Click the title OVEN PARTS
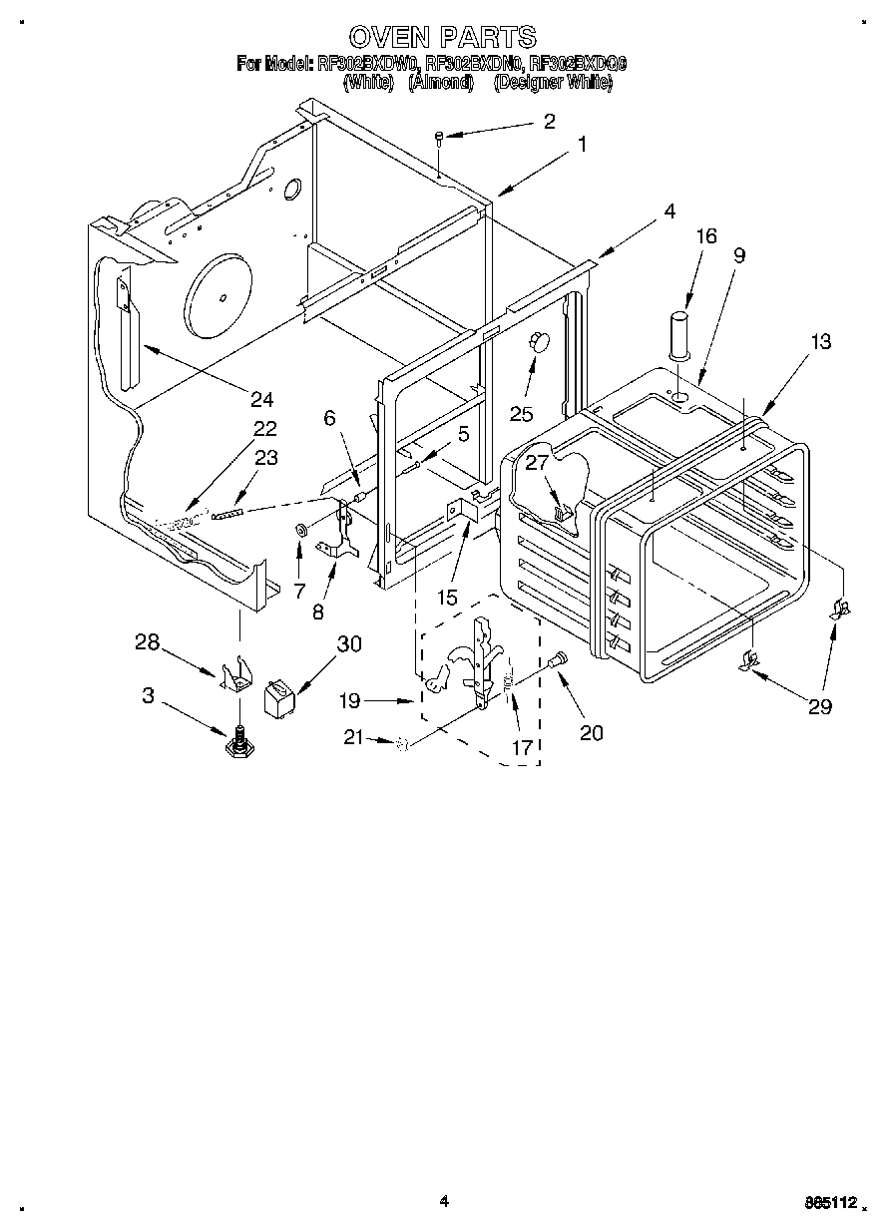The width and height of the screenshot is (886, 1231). [443, 38]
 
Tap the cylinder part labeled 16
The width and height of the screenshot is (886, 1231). [678, 335]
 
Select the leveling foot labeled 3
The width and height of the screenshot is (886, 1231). [238, 742]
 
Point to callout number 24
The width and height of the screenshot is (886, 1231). [261, 399]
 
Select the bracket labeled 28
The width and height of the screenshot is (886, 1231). [236, 677]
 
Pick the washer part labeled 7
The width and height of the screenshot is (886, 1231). [300, 528]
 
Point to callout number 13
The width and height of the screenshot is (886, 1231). [820, 342]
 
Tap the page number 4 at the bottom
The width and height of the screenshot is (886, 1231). [444, 1202]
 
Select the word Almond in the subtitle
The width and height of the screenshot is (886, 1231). [440, 84]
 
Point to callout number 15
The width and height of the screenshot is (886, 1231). [447, 598]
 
